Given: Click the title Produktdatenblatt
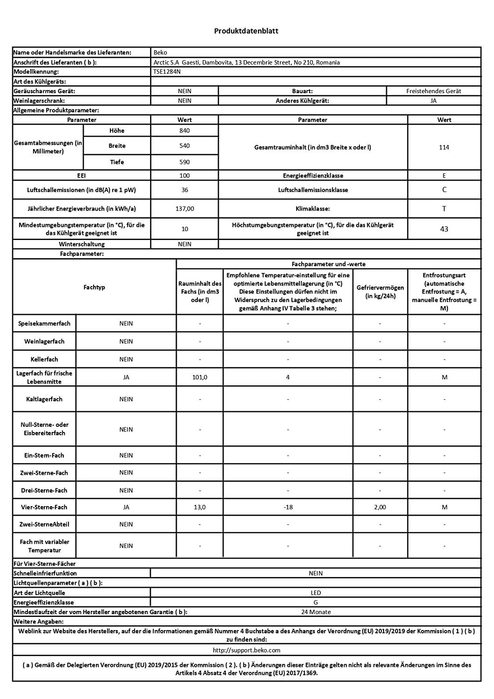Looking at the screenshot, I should pos(246,31).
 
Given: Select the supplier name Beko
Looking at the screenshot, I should pos(160,53).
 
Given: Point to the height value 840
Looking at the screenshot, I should pos(184,131).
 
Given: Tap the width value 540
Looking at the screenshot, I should pos(184,146).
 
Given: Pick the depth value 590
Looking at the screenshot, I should pos(184,162).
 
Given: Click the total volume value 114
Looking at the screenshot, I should pos(444,147).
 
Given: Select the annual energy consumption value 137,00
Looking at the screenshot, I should pos(184,209).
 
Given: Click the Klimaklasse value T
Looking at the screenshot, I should pos(444,209).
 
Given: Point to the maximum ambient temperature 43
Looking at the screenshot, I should pos(444,229).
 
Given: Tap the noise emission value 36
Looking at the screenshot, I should pos(184,190).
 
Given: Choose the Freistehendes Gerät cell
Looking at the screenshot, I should pos(433,91).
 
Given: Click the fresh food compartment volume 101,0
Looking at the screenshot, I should pos(200,377).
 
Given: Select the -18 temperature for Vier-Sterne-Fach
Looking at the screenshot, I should pos(288,507).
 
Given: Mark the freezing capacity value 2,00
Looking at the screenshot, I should pos(380,507).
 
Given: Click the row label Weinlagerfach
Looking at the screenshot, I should pos(44,342).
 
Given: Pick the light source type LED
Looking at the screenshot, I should pos(316,593).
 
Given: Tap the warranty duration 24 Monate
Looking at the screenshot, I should pos(316,612).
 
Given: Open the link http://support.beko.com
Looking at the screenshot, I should pos(246,650).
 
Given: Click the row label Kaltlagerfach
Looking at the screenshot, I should pos(44,399).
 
